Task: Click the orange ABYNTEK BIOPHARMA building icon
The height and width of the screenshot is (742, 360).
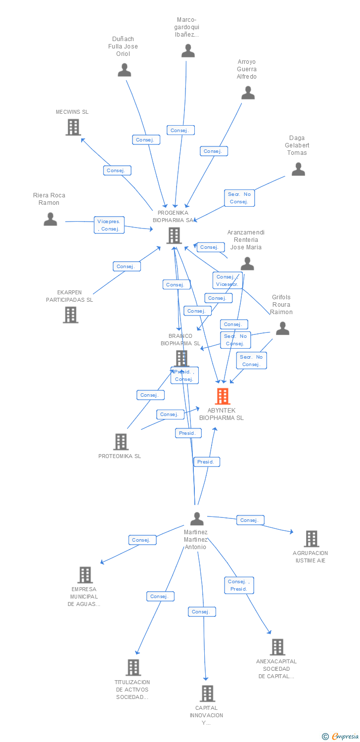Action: pos(223,396)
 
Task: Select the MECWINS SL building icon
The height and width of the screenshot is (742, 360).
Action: pos(73,127)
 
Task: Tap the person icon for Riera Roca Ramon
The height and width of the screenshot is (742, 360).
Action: pos(50,219)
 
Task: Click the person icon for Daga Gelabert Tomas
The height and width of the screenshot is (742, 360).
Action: pos(298,169)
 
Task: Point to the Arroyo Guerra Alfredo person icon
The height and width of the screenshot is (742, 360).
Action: pos(248,93)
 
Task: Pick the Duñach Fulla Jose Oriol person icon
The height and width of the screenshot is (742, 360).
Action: pos(124,70)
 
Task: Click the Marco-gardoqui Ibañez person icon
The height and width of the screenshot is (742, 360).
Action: pos(188,50)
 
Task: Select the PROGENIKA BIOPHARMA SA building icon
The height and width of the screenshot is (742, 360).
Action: pos(174,235)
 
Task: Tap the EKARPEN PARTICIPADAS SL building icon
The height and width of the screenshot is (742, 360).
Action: pos(71,315)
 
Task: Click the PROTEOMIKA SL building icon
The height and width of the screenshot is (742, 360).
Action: pos(121,442)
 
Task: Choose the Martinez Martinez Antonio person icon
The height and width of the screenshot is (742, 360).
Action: pos(197,519)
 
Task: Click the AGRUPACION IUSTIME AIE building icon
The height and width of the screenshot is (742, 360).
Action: pos(311,539)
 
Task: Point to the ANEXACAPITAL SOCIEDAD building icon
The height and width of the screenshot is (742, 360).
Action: pos(277,647)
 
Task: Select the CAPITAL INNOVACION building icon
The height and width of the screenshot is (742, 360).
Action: pos(208,694)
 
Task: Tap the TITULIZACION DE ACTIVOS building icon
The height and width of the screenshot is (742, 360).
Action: pos(133,667)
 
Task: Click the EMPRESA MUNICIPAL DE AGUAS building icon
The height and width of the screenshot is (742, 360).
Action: pos(85,575)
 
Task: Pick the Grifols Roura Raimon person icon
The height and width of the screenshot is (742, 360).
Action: pos(282,328)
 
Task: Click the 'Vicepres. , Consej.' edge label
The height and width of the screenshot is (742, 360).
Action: pos(109,225)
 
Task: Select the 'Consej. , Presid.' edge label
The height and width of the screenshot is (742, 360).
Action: pos(239,585)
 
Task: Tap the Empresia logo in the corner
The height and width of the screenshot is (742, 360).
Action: pos(341,736)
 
